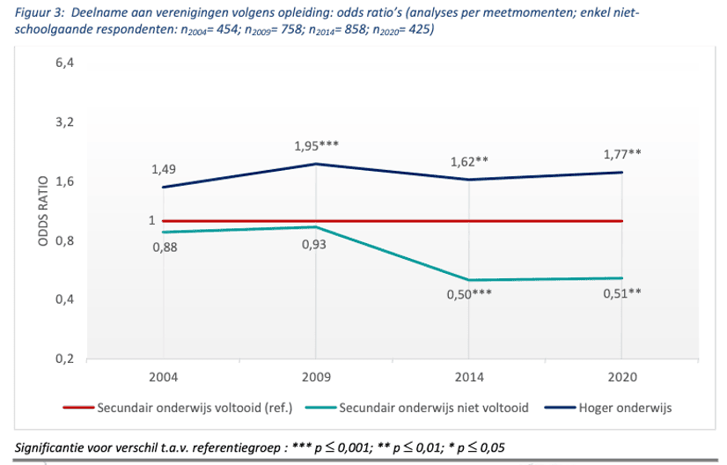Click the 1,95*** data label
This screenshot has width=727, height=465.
[317, 145]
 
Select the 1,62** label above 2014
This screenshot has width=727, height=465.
[469, 161]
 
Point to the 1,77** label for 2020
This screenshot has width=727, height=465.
[622, 152]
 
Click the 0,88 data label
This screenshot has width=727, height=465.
[165, 247]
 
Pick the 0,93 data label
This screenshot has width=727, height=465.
[315, 244]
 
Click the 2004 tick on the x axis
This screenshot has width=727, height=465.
[164, 378]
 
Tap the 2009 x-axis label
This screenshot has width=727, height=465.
[317, 378]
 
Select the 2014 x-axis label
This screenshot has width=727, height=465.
[469, 378]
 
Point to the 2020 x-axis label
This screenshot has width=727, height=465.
[622, 378]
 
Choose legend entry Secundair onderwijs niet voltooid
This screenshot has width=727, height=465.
[432, 408]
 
